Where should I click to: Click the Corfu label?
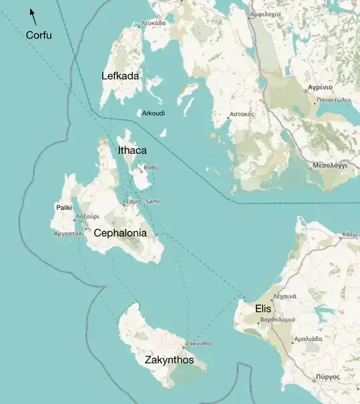pyautogui.click(x=39, y=35)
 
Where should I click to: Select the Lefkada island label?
pyautogui.click(x=120, y=76)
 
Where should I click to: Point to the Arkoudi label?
pyautogui.click(x=153, y=113)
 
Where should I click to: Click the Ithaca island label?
pyautogui.click(x=132, y=151)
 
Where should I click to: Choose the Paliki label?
pyautogui.click(x=64, y=208)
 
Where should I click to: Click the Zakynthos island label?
pyautogui.click(x=169, y=360)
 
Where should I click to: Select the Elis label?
pyautogui.click(x=263, y=309)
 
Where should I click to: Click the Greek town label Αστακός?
pyautogui.click(x=242, y=114)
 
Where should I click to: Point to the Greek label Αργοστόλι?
pyautogui.click(x=69, y=234)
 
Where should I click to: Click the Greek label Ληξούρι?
pyautogui.click(x=87, y=217)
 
